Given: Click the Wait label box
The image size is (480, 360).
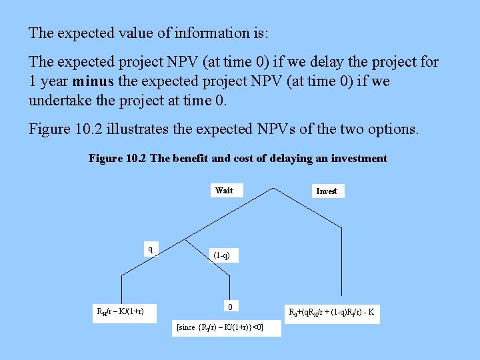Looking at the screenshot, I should pyautogui.click(x=224, y=191).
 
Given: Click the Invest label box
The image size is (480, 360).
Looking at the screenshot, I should pyautogui.click(x=326, y=191).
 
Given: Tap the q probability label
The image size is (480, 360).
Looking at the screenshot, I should pyautogui.click(x=150, y=249).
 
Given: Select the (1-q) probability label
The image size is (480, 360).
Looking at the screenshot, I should pyautogui.click(x=222, y=255).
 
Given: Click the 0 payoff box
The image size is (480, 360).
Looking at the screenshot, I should pyautogui.click(x=229, y=307).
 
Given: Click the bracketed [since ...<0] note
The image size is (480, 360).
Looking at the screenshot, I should pyautogui.click(x=219, y=327).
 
